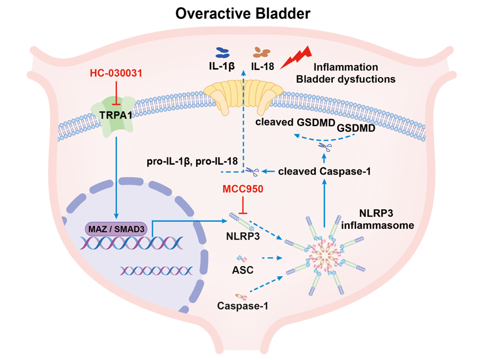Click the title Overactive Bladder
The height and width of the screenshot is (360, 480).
243,14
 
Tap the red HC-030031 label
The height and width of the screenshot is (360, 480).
116,73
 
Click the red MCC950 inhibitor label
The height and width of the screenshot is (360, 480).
243,189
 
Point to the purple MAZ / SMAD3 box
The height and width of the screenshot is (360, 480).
116,229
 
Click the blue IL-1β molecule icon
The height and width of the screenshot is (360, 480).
223,53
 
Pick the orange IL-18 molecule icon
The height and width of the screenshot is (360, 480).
262,53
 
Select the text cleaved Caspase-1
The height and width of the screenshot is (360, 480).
324,172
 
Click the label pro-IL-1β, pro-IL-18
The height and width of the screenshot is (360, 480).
192,161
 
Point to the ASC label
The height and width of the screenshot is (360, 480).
243,270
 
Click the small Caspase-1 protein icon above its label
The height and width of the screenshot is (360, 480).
241,296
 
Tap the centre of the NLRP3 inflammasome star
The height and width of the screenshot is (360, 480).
325,255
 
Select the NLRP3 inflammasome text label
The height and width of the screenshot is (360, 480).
377,219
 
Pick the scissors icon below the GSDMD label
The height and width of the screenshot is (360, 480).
325,147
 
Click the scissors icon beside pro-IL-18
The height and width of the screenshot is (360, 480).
252,172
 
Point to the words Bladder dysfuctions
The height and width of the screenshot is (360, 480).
346,79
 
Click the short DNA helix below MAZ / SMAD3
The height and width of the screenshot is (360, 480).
156,271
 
